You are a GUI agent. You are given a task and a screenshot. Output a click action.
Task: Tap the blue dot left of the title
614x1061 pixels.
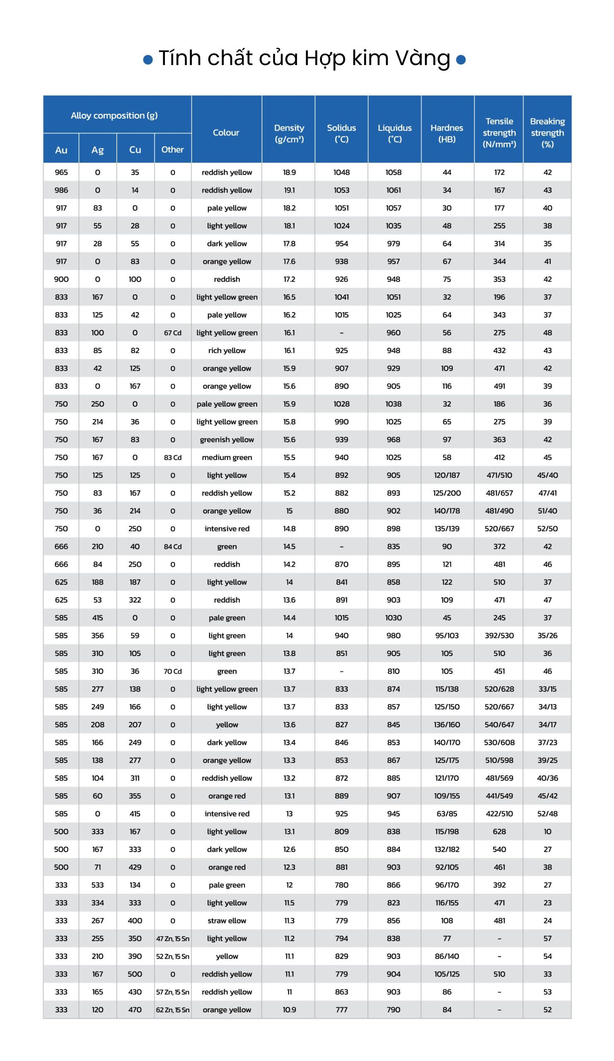(148, 59)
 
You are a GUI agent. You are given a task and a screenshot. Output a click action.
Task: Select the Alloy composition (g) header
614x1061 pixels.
(114, 115)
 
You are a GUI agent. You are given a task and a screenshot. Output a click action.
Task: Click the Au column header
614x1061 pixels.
(61, 150)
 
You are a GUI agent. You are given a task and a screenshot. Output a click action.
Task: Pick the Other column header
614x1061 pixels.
(172, 150)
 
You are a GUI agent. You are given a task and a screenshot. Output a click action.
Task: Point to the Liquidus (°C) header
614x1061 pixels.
(394, 133)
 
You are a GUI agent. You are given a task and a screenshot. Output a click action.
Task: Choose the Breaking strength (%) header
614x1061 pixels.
(547, 133)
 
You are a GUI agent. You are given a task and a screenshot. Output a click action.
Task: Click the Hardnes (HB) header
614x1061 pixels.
(447, 133)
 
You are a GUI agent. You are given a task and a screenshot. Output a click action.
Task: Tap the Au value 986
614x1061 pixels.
(61, 190)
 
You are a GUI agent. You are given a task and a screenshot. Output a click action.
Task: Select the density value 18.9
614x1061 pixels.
(289, 172)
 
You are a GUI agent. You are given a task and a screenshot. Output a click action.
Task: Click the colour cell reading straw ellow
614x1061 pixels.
(227, 921)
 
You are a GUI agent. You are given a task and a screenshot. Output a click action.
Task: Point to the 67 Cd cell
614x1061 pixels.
(172, 333)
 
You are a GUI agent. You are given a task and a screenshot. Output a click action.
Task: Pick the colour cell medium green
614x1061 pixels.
(227, 457)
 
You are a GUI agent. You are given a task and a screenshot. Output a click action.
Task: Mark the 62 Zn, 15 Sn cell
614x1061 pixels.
(172, 1010)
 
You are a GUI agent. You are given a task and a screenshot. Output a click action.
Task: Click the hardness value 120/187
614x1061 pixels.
(447, 475)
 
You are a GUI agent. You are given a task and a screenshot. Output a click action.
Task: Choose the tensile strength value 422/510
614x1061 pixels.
(499, 814)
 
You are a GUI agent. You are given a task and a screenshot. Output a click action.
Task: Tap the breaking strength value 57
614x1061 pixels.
(547, 938)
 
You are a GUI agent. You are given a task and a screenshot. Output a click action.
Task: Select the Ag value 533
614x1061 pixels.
(97, 885)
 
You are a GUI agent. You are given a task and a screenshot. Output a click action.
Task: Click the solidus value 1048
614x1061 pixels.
(341, 172)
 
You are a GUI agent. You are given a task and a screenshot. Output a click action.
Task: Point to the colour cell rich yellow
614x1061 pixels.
(227, 350)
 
